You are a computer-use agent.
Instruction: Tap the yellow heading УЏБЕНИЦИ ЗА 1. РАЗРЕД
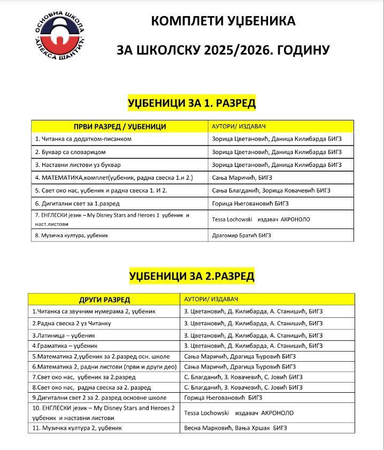[x=191, y=103]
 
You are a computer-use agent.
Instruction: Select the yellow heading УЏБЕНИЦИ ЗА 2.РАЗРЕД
[x=191, y=276]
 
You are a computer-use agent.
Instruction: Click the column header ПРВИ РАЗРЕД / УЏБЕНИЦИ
[x=120, y=127]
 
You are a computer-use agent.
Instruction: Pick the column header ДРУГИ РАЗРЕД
[x=104, y=300]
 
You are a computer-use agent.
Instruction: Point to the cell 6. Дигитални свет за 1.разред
[x=77, y=203]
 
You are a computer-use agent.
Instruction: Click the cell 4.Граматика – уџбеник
[x=65, y=346]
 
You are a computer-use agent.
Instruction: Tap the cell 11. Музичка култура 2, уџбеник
[x=77, y=428]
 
